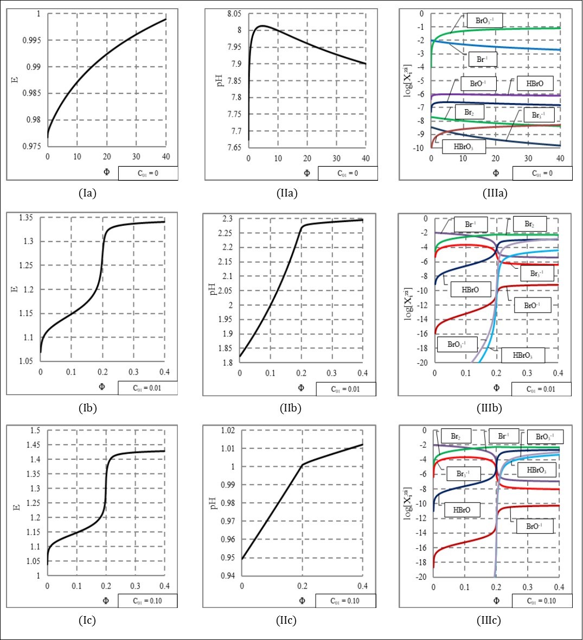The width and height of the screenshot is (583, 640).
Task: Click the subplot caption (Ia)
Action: pos(87,193)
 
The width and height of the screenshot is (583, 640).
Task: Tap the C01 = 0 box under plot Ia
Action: pos(148,174)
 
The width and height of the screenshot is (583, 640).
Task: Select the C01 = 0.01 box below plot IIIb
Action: pos(540,389)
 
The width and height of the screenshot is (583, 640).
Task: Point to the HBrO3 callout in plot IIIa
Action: pos(463,147)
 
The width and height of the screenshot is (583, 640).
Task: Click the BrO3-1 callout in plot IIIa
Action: pos(485,21)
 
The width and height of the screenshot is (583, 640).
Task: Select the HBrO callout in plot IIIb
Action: pos(470,289)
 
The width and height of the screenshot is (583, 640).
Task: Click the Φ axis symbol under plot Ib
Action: pos(102,388)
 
